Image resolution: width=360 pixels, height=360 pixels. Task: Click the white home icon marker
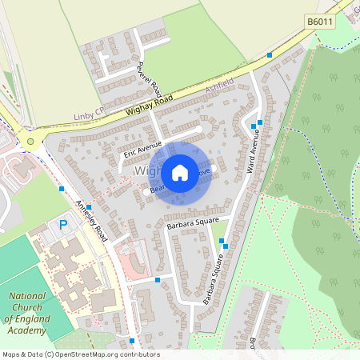(x=180, y=171)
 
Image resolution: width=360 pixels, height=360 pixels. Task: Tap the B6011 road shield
(x=320, y=23)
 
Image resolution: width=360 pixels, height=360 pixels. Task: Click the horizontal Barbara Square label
(x=192, y=226)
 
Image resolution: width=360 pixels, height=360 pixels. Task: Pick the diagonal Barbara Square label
(x=212, y=278)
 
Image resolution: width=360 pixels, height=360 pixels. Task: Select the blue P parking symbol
(x=63, y=226)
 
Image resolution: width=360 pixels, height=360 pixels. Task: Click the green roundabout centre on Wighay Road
(x=31, y=142)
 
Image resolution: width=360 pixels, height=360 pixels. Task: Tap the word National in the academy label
(x=27, y=295)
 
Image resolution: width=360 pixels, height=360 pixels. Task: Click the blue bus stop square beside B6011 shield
(x=270, y=54)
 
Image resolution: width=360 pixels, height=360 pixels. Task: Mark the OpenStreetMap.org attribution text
(x=104, y=354)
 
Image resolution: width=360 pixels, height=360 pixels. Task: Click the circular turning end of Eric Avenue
(x=199, y=128)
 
